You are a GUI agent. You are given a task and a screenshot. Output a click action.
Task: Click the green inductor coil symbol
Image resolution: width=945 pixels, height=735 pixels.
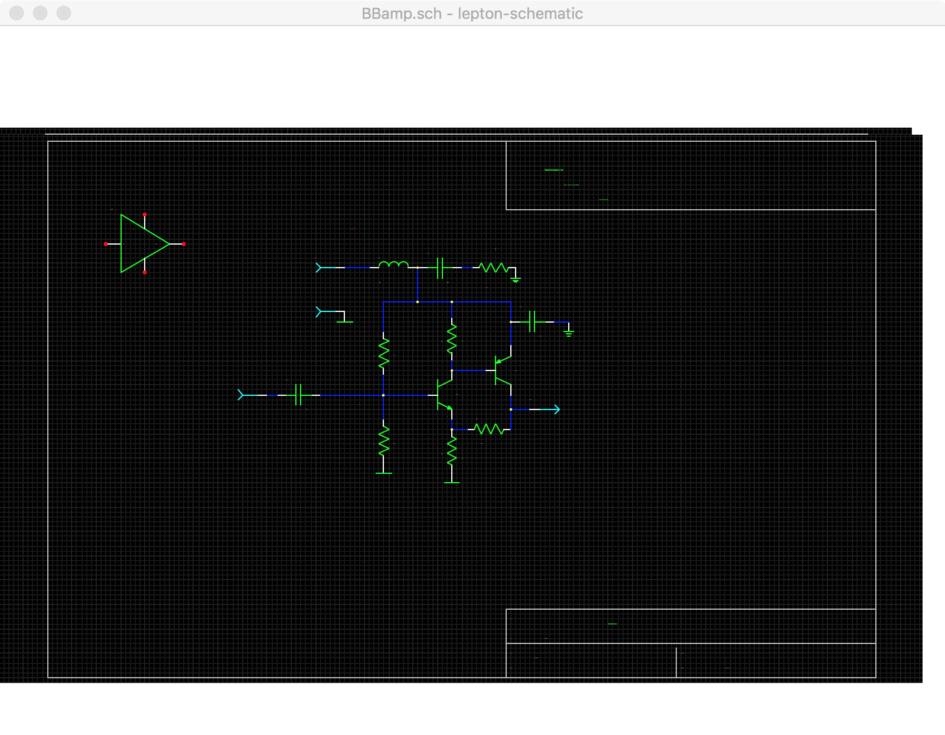tap(393, 264)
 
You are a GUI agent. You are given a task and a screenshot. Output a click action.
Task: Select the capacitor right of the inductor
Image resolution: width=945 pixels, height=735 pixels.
tap(440, 268)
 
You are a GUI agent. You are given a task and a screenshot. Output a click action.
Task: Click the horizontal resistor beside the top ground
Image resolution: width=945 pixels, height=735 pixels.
tap(494, 268)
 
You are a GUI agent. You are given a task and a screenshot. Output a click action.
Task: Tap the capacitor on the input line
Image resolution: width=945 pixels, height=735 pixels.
tap(299, 395)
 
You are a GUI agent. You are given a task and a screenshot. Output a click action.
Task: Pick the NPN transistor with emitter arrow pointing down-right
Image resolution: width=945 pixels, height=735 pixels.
tap(443, 395)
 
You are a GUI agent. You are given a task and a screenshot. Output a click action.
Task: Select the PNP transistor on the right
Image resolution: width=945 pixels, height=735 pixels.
tap(502, 370)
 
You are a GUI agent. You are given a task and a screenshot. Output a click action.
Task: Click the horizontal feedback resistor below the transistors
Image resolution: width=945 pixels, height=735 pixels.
tap(489, 429)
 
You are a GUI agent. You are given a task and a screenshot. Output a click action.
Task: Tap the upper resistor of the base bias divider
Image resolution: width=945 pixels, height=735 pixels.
tap(384, 353)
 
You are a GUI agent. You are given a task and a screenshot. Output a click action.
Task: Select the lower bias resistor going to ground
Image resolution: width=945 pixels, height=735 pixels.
tap(384, 440)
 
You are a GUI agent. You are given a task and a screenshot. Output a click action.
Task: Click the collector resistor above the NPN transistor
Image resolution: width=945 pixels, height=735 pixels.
tap(452, 339)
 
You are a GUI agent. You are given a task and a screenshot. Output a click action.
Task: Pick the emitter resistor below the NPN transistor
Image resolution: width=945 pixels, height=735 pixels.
tap(452, 451)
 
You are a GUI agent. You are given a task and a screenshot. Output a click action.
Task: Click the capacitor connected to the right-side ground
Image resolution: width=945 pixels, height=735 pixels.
tap(532, 321)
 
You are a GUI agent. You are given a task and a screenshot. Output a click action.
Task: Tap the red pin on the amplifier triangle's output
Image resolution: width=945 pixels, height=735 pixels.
tap(184, 244)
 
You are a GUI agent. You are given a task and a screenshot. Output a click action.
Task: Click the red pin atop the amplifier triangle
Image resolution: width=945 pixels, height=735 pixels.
tap(145, 214)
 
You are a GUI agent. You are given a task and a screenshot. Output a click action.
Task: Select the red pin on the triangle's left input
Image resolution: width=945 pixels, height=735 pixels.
tap(106, 244)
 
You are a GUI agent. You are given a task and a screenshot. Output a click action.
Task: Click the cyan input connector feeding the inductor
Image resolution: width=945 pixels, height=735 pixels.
tap(320, 268)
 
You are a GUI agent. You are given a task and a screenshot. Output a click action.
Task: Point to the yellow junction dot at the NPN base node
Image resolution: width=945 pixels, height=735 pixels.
tap(383, 395)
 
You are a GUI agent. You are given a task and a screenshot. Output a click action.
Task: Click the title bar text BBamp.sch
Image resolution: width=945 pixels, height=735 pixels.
tap(402, 14)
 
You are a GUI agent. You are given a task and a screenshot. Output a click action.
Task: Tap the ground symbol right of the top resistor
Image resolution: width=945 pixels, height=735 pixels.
tap(516, 279)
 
